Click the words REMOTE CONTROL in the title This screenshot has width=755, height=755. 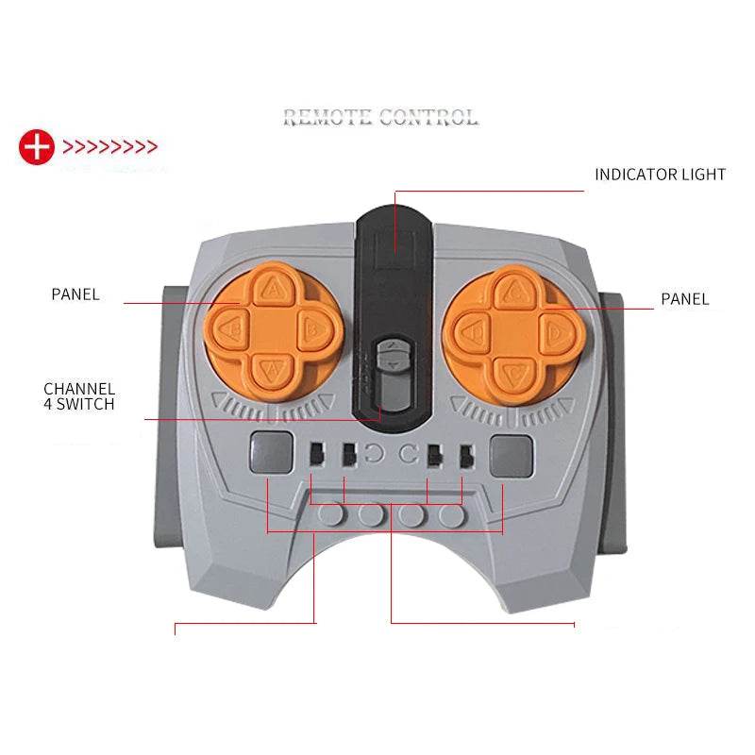(380, 117)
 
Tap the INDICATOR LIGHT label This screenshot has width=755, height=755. (660, 175)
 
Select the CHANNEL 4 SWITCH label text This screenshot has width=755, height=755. (79, 396)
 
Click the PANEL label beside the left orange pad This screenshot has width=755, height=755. (75, 294)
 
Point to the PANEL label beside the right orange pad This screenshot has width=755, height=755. (684, 299)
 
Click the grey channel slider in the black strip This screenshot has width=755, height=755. (390, 359)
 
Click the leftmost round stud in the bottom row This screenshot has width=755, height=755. (330, 514)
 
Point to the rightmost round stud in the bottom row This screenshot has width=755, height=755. (453, 514)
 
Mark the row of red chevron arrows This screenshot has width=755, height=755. (109, 147)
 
